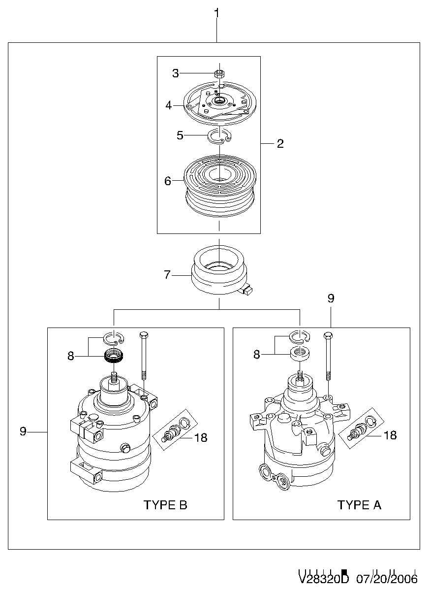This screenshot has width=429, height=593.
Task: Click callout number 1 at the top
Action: click(216, 13)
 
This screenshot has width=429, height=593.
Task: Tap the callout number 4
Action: click(168, 105)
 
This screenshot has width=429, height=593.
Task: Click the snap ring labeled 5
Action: click(219, 136)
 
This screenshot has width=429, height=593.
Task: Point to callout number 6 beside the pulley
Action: click(168, 181)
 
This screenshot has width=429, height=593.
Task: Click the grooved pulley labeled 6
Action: click(220, 186)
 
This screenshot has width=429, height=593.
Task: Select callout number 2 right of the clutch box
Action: click(280, 143)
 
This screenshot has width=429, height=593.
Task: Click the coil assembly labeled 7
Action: click(219, 269)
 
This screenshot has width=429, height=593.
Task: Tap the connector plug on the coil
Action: click(248, 291)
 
